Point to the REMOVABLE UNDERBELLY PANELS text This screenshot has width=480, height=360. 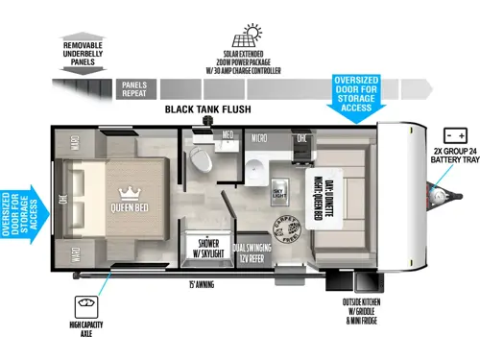pos(88,52)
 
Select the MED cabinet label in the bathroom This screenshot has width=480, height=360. pos(228,135)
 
